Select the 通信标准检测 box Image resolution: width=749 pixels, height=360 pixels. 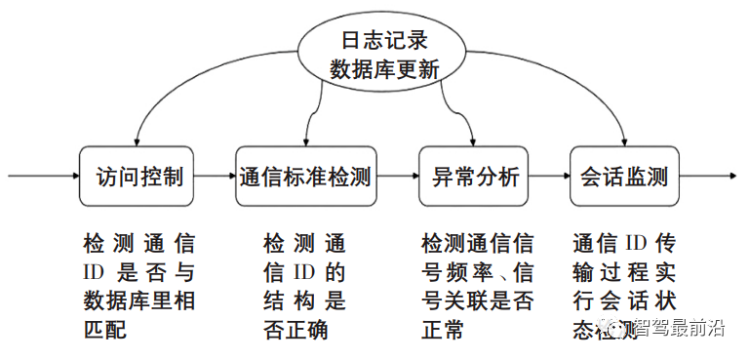tap(306, 178)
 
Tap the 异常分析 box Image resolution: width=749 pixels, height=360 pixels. tap(474, 178)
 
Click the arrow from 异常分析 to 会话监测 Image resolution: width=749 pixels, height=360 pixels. tap(550, 178)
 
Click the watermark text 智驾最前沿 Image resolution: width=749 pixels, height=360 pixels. tap(679, 329)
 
